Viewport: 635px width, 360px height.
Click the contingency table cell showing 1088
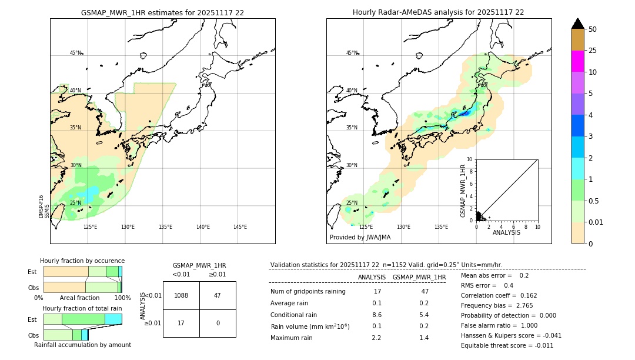click(x=181, y=295)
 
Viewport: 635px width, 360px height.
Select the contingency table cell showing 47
click(x=218, y=295)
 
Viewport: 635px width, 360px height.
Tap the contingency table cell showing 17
click(x=181, y=323)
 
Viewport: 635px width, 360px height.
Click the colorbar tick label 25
click(x=593, y=51)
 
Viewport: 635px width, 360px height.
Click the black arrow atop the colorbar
click(x=578, y=24)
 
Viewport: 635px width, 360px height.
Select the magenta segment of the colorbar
click(x=578, y=61)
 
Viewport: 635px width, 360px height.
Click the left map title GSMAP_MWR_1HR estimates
click(x=162, y=12)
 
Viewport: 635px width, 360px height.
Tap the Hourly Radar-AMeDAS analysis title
click(x=439, y=12)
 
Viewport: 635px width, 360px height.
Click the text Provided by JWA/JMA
click(x=360, y=237)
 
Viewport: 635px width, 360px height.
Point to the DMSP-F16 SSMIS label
click(x=44, y=206)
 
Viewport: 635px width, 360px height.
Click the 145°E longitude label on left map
click(x=240, y=227)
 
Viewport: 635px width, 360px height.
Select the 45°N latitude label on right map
click(x=352, y=53)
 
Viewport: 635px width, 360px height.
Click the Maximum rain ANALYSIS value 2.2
click(x=377, y=338)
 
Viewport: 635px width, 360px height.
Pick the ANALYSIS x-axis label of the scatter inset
click(x=506, y=232)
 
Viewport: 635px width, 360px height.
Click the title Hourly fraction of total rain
click(x=82, y=308)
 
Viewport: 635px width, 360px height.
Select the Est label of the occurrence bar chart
click(x=32, y=272)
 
